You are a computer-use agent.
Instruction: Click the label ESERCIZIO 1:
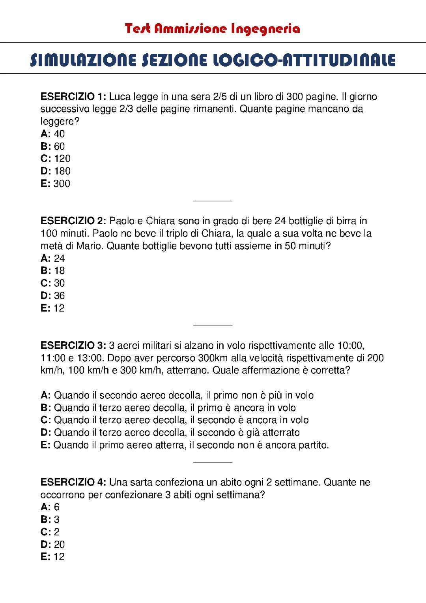pos(73,97)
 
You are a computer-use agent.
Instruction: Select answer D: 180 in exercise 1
pos(56,171)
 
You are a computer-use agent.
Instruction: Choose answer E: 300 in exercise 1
pos(56,184)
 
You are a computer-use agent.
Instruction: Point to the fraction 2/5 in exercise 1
pos(219,97)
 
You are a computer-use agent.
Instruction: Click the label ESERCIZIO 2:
pos(73,221)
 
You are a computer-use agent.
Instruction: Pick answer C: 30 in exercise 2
pos(53,283)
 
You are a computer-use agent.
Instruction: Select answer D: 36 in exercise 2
pos(53,296)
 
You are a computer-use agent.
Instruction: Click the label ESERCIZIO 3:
pos(73,346)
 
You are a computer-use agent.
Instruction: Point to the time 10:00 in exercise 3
pos(350,346)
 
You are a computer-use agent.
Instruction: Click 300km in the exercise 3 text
pos(213,358)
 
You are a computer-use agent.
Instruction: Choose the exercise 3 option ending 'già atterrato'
pos(170,432)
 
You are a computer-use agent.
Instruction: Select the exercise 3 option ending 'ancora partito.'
pos(185,445)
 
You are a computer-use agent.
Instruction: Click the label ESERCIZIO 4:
pos(73,482)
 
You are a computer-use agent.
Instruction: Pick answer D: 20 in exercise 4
pos(53,545)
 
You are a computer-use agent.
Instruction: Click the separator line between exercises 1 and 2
pos(213,201)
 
